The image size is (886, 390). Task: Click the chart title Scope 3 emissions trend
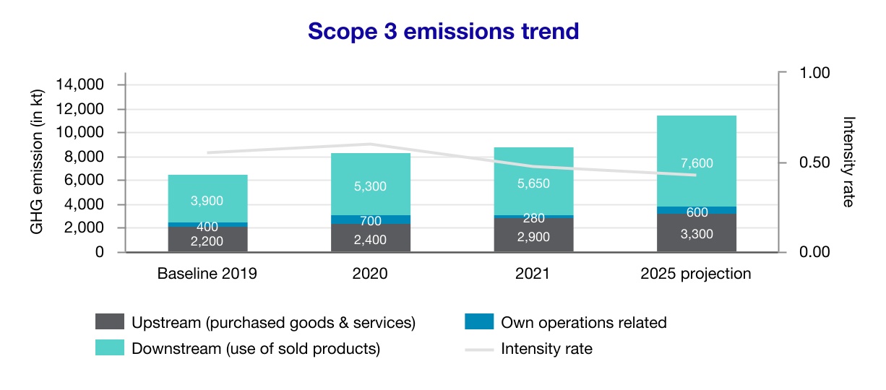click(x=443, y=32)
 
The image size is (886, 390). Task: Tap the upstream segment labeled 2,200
click(x=207, y=240)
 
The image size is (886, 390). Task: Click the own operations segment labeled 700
click(x=371, y=219)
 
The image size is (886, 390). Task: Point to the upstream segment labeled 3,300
click(x=696, y=233)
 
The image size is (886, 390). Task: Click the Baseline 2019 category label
click(x=207, y=274)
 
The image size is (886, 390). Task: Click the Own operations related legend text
click(x=583, y=323)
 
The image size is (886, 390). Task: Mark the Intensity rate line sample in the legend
click(x=478, y=349)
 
